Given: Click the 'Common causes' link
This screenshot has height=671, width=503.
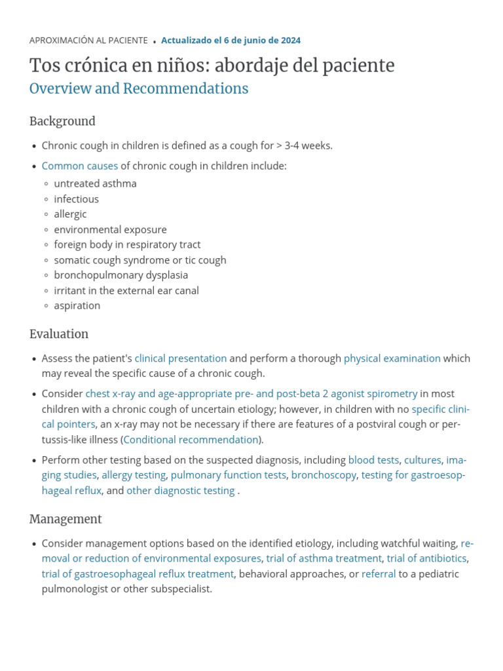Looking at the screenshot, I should click(80, 166).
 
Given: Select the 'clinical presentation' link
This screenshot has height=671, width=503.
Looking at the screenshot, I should click(181, 358).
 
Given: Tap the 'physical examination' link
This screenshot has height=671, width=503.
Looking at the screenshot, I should click(392, 358).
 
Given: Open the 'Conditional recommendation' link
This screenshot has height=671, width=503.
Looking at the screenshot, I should click(191, 440).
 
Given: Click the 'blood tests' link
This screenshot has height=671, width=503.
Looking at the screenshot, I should click(373, 460).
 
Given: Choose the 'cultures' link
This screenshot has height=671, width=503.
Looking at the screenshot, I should click(422, 460).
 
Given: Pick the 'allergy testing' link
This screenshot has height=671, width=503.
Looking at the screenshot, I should click(134, 475).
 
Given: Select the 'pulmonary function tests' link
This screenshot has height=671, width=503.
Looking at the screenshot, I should click(229, 475).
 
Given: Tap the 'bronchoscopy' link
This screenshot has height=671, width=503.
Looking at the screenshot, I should click(324, 475).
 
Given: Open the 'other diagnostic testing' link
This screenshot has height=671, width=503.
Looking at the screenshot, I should click(181, 491).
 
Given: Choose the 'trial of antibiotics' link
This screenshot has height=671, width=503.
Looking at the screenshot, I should click(426, 558).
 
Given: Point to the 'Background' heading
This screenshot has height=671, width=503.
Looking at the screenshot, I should click(62, 121).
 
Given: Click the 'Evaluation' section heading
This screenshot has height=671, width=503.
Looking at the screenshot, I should click(59, 334).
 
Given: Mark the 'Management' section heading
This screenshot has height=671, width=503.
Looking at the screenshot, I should click(65, 520).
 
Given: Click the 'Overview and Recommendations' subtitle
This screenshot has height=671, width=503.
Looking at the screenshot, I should click(139, 89).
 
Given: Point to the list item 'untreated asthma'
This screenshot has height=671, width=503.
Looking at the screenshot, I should click(96, 184).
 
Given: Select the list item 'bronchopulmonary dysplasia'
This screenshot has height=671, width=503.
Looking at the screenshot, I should click(121, 275).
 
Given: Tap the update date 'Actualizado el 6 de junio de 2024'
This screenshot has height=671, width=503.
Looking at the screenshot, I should click(231, 41).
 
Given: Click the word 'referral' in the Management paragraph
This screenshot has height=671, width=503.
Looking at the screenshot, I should click(379, 574).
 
